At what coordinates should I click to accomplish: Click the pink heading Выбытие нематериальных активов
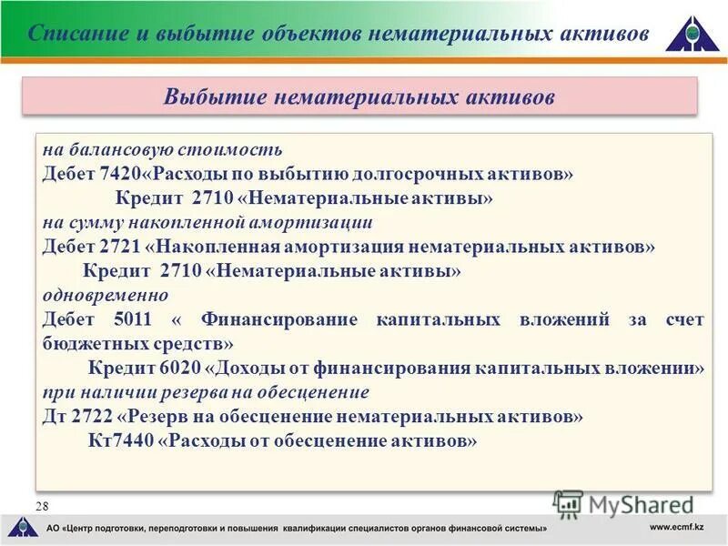pos(359,96)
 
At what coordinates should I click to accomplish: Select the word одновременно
pos(106,295)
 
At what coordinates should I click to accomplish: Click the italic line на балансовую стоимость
pos(162,148)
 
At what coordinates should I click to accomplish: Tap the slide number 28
pos(42,506)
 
